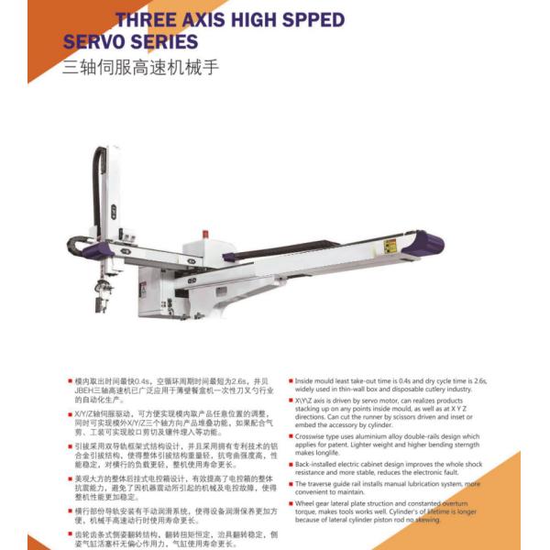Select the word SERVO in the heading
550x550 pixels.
click(x=98, y=42)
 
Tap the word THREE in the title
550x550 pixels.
click(x=146, y=19)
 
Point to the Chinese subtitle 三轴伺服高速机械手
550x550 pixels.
click(x=140, y=68)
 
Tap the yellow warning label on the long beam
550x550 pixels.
click(x=390, y=246)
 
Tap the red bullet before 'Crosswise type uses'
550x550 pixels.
click(x=291, y=437)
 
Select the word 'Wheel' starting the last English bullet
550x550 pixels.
click(x=307, y=503)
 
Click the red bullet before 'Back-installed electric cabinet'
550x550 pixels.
click(x=291, y=464)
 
